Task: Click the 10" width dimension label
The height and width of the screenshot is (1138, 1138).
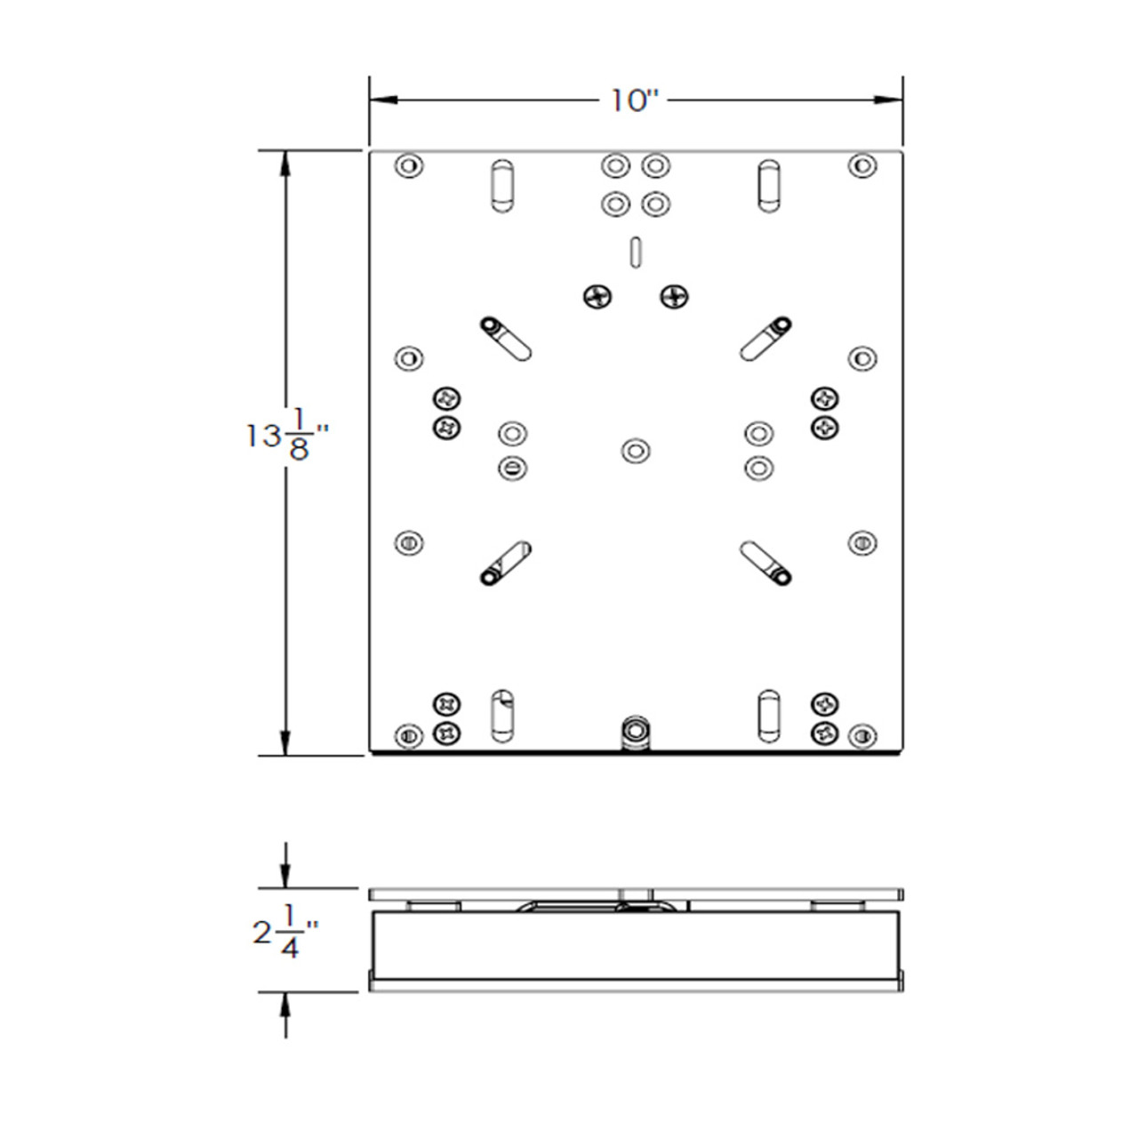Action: pyautogui.click(x=633, y=100)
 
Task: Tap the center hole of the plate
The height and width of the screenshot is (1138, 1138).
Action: pyautogui.click(x=634, y=450)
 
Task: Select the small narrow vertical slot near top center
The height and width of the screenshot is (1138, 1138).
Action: pyautogui.click(x=634, y=251)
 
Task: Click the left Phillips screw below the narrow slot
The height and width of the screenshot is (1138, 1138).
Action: pyautogui.click(x=598, y=296)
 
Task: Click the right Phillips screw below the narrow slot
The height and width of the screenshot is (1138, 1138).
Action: pyautogui.click(x=675, y=296)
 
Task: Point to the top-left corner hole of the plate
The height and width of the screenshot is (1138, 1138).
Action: pyautogui.click(x=408, y=165)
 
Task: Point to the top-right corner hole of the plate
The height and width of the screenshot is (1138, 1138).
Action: pyautogui.click(x=861, y=165)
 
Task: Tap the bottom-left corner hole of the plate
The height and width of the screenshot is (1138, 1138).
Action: pyautogui.click(x=408, y=736)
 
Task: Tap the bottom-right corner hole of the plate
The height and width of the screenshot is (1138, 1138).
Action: pyautogui.click(x=861, y=736)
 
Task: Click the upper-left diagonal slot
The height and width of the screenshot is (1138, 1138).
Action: pyautogui.click(x=505, y=339)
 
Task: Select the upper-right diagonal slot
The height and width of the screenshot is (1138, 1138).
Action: pyautogui.click(x=765, y=339)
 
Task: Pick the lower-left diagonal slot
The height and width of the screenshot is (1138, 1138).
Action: pyautogui.click(x=505, y=564)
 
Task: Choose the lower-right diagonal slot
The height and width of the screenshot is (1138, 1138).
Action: pyautogui.click(x=765, y=564)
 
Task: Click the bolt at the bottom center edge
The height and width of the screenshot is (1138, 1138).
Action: pyautogui.click(x=634, y=733)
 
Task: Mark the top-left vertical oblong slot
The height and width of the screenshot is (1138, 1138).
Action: pyautogui.click(x=501, y=186)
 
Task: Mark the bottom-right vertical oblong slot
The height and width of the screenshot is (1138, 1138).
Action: pyautogui.click(x=768, y=716)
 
